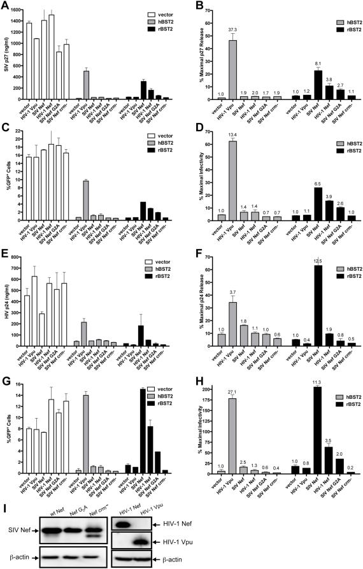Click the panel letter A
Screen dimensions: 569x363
(4, 6)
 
